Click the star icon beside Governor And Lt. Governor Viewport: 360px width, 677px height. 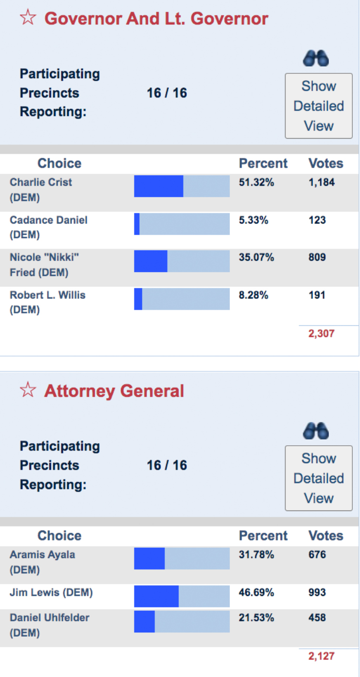pos(27,18)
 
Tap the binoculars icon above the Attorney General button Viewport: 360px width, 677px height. pos(316,430)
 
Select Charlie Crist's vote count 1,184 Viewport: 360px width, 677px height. pos(322,182)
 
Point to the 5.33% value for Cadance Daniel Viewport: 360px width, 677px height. pos(253,220)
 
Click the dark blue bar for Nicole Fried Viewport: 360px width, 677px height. pos(151,261)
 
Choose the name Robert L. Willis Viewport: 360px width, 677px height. pos(48,295)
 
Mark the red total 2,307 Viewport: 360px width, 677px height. pos(321,333)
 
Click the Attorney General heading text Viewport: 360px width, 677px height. pos(114,391)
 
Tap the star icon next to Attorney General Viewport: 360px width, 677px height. pos(27,391)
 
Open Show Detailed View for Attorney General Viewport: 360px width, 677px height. pos(319,478)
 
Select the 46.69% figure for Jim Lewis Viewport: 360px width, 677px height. pos(256,593)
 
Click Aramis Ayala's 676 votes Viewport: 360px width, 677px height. pos(317,555)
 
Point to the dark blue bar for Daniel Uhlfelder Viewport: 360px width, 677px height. pos(144,621)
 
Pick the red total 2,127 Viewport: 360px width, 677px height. pos(321,656)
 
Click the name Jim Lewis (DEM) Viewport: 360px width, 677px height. pos(51,593)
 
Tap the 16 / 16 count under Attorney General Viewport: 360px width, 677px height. pos(167,465)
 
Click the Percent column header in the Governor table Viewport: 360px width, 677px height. pos(263,164)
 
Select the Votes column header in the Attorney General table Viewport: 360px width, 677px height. pos(326,536)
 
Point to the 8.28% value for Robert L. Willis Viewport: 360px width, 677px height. pos(253,295)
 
